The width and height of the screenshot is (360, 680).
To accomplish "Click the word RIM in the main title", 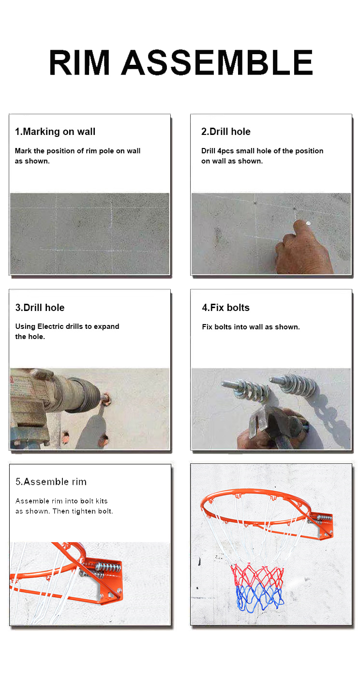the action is pos(79,62).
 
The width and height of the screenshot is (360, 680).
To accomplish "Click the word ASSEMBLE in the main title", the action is pos(217,62).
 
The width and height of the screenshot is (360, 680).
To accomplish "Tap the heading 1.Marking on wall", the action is pos(55,132).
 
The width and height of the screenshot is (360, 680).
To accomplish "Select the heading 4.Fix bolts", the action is pos(225,308).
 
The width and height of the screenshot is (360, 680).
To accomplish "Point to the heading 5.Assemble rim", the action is pos(51,481).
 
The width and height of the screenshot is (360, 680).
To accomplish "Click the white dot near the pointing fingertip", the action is pos(309,223).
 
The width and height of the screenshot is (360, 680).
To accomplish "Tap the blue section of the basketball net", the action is pos(259,599).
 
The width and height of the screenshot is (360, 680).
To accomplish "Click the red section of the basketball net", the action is pos(257,575).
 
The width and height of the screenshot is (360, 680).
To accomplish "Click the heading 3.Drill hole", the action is pos(40,308).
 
